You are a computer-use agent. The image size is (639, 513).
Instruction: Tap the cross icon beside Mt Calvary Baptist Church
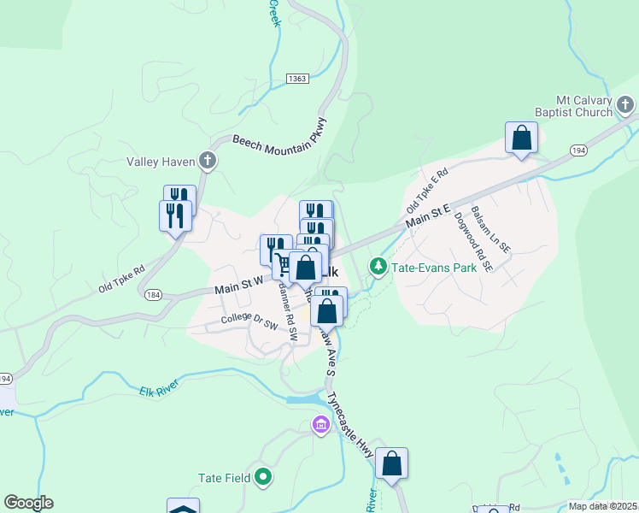(x=626, y=106)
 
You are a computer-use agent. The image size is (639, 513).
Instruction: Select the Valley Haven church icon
(x=207, y=160)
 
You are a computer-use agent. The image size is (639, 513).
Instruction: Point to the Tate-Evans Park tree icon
(x=378, y=268)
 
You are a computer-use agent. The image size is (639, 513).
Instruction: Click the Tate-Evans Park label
(x=433, y=268)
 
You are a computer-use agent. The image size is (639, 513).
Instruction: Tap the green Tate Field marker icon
(x=264, y=478)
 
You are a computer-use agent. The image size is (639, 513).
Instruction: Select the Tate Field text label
(x=224, y=478)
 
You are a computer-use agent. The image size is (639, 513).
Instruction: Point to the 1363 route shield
(x=297, y=79)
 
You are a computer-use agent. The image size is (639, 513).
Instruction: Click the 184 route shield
(x=153, y=295)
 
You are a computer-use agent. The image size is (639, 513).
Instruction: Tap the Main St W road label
(x=238, y=289)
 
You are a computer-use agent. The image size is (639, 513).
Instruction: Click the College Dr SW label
(x=249, y=321)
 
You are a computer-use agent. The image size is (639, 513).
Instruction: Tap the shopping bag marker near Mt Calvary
(x=521, y=138)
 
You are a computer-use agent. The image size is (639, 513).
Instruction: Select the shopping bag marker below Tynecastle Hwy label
(x=391, y=463)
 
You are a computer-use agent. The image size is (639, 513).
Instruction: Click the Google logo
(x=28, y=503)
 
